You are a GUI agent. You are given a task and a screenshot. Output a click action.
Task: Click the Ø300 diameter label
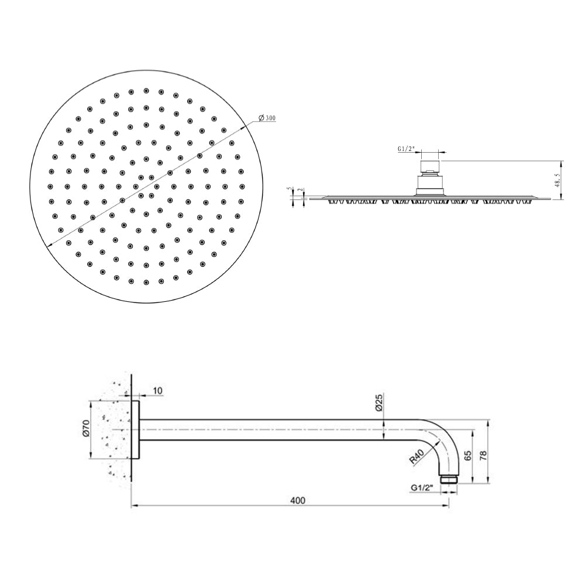[266, 118]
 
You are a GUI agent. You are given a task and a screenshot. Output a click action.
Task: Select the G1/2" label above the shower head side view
[407, 149]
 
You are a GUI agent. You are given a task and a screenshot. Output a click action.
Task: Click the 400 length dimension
[298, 501]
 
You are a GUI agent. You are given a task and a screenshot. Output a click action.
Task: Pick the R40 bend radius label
[417, 457]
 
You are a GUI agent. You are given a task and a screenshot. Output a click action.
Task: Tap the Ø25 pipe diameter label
[378, 403]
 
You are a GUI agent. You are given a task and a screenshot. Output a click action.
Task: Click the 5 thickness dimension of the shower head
[289, 190]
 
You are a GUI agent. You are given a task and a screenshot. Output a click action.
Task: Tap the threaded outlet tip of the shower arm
[449, 479]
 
